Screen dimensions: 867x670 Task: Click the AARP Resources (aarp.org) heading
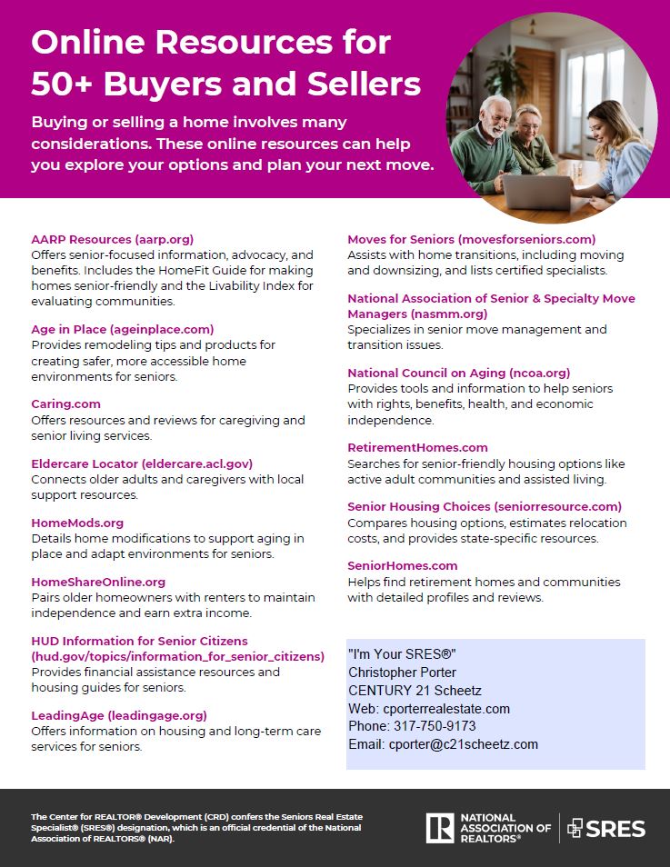pyautogui.click(x=112, y=239)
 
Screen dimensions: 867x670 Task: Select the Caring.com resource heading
pyautogui.click(x=65, y=404)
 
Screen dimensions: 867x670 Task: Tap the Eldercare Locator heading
pyautogui.click(x=142, y=463)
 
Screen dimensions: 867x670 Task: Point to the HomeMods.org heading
pyautogui.click(x=77, y=523)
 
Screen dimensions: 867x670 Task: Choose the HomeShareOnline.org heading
pyautogui.click(x=98, y=582)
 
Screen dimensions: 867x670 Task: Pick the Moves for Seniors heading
pyautogui.click(x=471, y=239)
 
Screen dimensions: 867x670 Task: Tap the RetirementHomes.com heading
pyautogui.click(x=417, y=447)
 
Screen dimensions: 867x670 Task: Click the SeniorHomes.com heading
pyautogui.click(x=402, y=565)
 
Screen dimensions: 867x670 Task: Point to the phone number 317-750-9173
pyautogui.click(x=435, y=726)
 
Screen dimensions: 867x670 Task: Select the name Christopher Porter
pyautogui.click(x=401, y=673)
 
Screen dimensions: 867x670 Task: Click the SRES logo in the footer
pyautogui.click(x=606, y=828)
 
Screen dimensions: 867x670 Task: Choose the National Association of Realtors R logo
pyautogui.click(x=440, y=828)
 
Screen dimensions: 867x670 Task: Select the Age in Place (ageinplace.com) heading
pyautogui.click(x=122, y=329)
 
